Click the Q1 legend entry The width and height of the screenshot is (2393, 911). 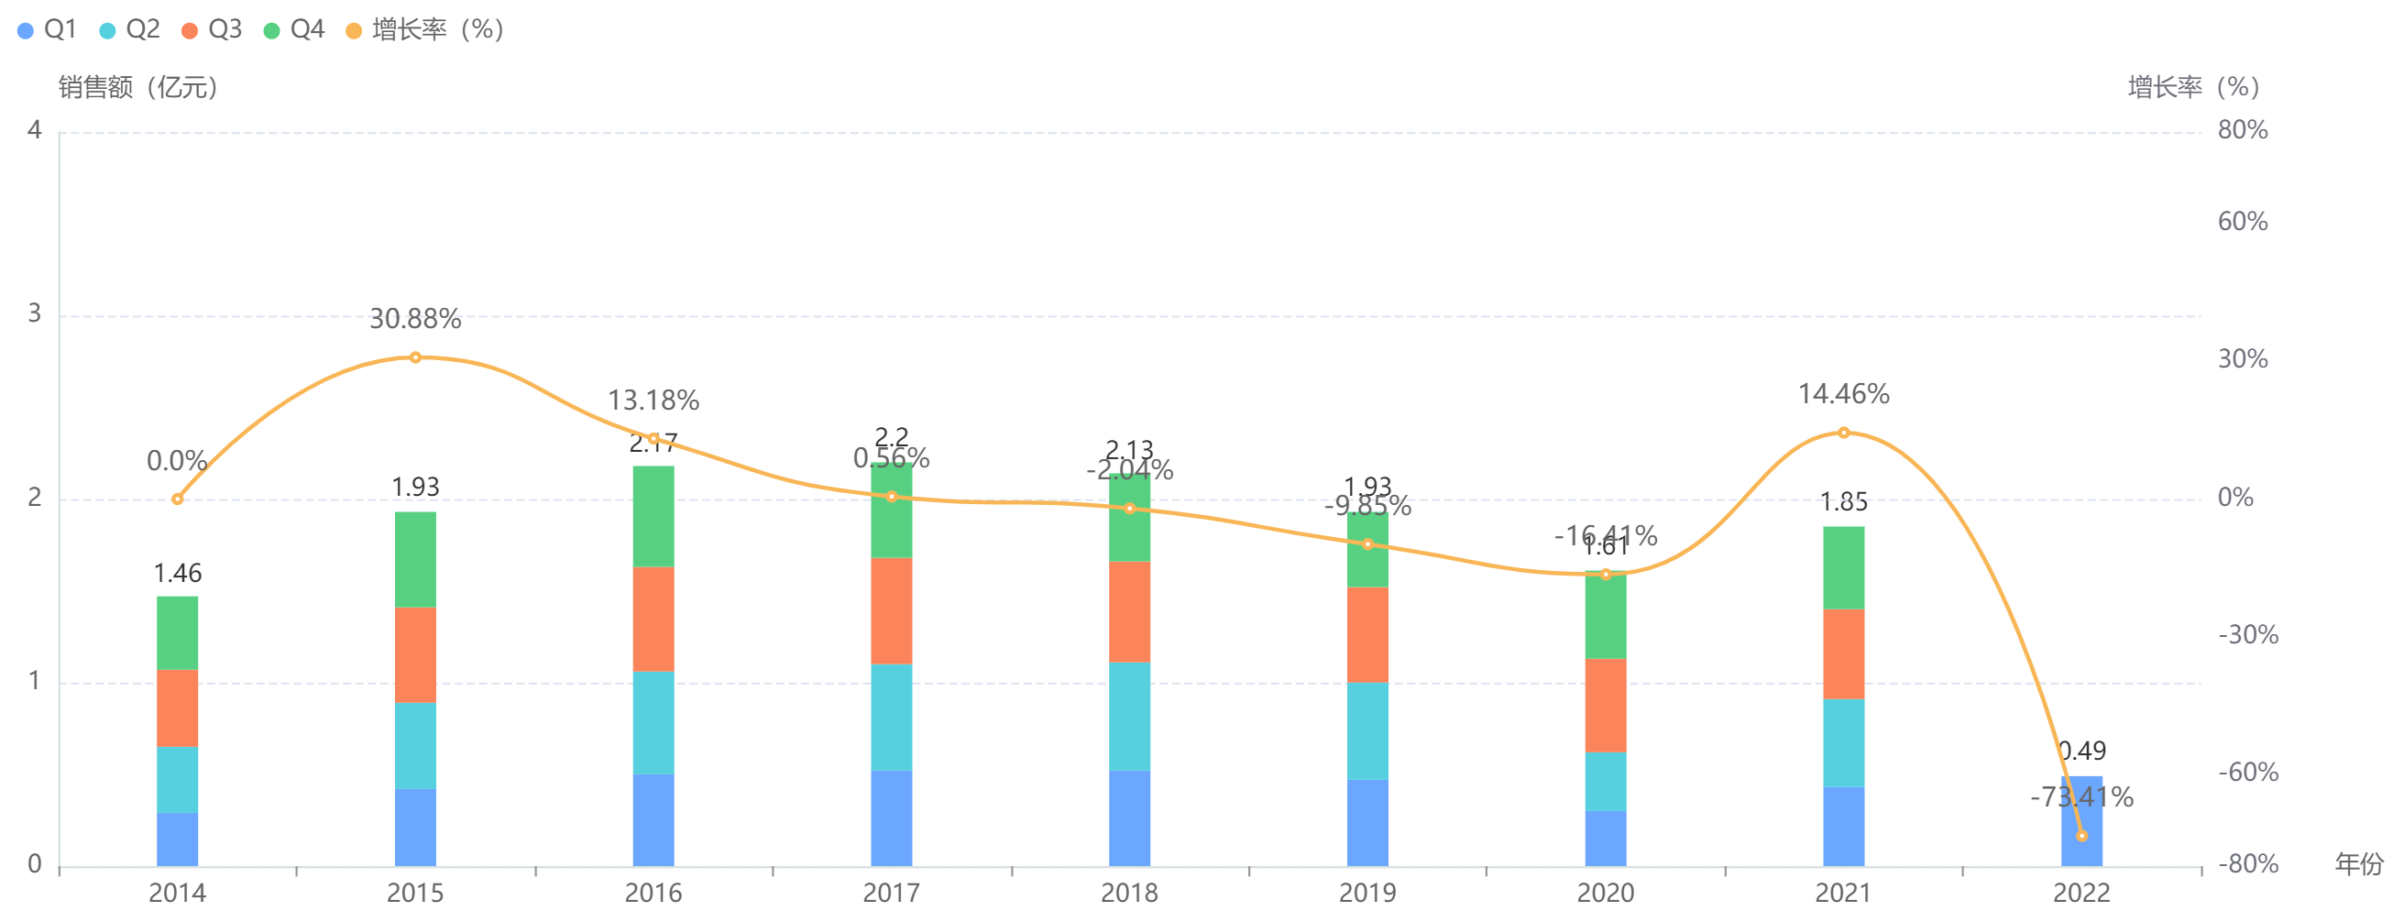click(x=48, y=29)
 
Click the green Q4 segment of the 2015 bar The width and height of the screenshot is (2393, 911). click(x=415, y=559)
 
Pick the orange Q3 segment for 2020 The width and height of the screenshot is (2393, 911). click(x=1605, y=705)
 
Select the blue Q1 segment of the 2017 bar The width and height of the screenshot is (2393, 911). click(x=891, y=818)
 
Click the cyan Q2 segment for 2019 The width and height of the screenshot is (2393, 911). click(x=1367, y=730)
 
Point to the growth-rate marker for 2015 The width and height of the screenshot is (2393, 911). click(x=415, y=357)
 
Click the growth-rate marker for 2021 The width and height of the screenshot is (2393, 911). click(x=1844, y=433)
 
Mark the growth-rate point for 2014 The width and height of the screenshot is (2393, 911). click(x=178, y=499)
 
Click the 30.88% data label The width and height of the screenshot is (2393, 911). click(x=415, y=320)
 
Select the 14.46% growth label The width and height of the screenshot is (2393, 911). click(x=1844, y=395)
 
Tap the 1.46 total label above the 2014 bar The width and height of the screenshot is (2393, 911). click(x=178, y=574)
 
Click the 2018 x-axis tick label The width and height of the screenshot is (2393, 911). click(x=1130, y=893)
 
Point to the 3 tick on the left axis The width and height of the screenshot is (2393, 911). click(x=35, y=313)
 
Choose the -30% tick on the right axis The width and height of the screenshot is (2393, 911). click(x=2248, y=635)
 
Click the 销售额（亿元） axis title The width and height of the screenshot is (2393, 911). click(x=138, y=87)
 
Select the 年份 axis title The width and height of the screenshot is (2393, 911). click(x=2358, y=864)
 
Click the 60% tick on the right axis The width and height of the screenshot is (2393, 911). click(x=2243, y=222)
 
